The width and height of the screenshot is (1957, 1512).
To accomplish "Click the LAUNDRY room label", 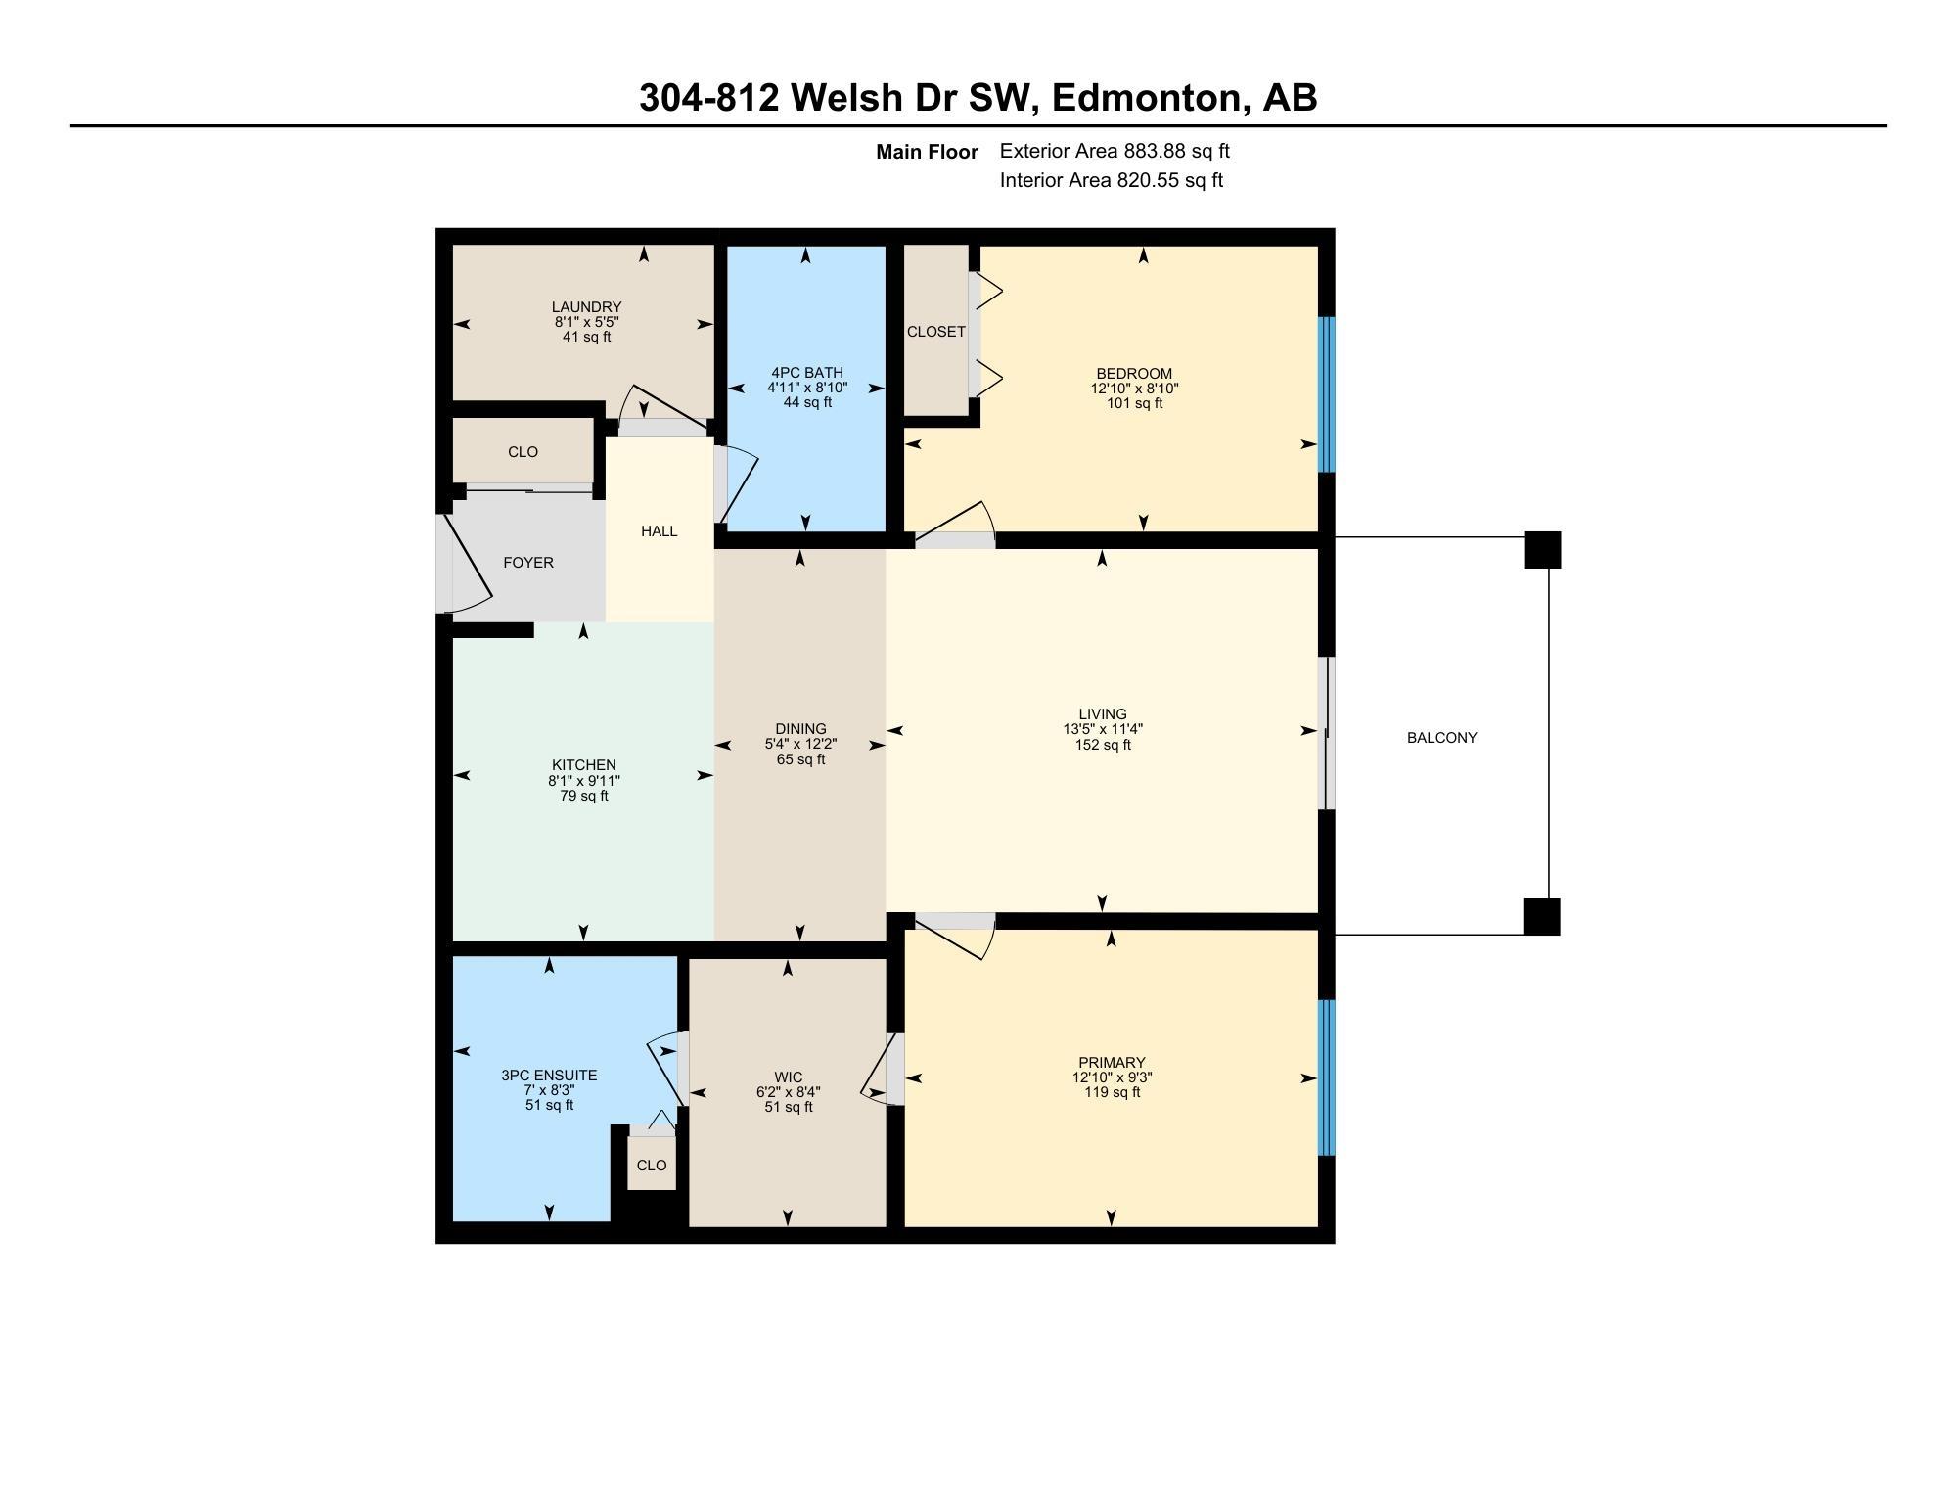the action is tap(586, 307).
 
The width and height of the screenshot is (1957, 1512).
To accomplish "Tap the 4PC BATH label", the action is tap(807, 373).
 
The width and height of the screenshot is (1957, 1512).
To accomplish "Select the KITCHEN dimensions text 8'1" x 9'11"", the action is tap(584, 781).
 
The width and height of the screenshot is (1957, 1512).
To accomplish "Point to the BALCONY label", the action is tap(1442, 738).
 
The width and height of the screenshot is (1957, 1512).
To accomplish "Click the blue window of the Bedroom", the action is tap(1327, 394).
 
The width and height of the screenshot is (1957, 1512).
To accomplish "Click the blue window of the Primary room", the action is tap(1327, 1077).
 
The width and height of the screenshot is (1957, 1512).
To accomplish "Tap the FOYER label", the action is tap(528, 563).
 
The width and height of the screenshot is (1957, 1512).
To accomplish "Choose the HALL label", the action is tap(660, 531).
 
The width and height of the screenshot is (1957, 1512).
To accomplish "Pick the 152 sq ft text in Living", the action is tap(1103, 745).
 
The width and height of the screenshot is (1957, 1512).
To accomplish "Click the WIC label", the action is tap(788, 1077).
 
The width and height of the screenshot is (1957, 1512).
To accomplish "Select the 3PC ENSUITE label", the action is tap(549, 1076).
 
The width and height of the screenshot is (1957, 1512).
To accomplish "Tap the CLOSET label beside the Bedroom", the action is tap(936, 332).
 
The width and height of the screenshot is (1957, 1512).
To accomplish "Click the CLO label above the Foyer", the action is tap(523, 452).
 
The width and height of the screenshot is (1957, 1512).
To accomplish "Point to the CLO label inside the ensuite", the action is tap(652, 1166).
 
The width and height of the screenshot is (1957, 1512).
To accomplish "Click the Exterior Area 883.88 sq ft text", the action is tap(1115, 152).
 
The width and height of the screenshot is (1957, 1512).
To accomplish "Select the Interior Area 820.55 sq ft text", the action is tap(1112, 180).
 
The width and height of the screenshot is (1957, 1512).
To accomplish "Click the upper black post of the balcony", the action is tap(1542, 550).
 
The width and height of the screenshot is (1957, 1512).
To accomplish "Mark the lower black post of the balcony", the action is tap(1542, 917).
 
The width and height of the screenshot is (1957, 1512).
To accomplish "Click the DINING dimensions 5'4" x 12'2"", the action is tap(800, 744).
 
